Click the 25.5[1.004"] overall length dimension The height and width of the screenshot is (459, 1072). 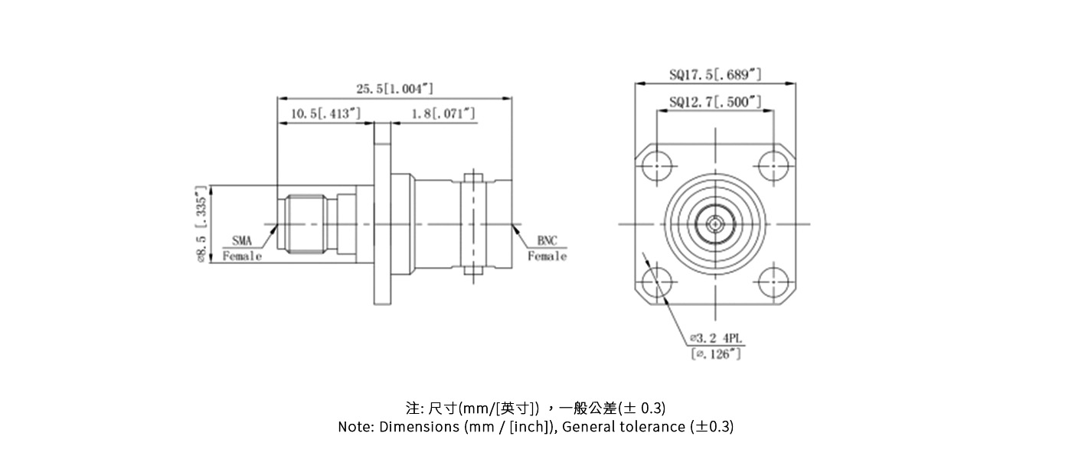coord(394,90)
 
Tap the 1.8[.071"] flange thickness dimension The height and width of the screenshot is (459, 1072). coord(443,114)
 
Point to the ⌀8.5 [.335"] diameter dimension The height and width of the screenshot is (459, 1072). coord(201,224)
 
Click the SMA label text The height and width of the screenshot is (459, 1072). coord(241,241)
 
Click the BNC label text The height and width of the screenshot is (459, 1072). coord(547,241)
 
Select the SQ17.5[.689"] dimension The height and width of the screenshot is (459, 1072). coord(715,74)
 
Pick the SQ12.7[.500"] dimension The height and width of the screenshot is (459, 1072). coord(715,102)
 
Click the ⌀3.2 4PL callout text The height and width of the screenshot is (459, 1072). coord(716,338)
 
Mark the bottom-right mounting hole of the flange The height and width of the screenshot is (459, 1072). coord(773,282)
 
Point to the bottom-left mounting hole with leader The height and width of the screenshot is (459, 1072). coord(657,282)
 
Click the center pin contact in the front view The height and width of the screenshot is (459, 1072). coord(714,224)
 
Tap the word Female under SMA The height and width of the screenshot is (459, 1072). coord(242,256)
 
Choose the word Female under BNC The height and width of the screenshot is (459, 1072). coord(547,256)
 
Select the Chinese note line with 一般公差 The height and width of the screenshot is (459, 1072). coord(535,407)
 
